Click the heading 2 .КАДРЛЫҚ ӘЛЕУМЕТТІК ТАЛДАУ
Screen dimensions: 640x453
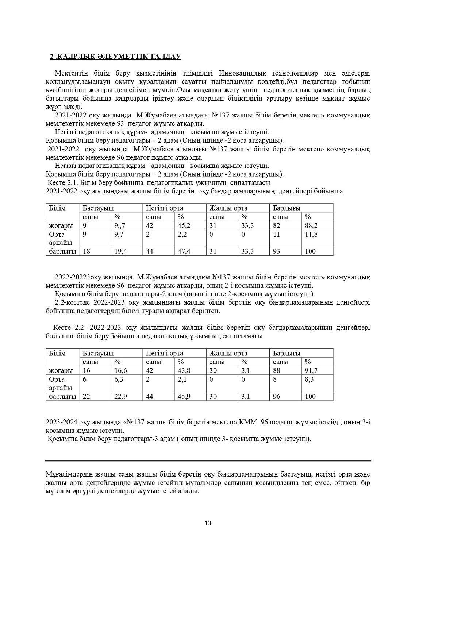coord(115,56)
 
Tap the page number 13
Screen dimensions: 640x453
coord(208,523)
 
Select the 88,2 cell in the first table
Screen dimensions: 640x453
coord(311,225)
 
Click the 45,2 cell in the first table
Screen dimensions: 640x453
coord(184,225)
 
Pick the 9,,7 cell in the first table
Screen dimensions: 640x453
coord(120,225)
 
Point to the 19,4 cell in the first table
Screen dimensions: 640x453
coord(120,251)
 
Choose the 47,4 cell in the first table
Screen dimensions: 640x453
coord(184,251)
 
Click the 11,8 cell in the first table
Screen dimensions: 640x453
coord(311,234)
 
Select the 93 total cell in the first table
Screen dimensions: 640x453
coord(277,251)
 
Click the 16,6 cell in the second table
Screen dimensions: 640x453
coord(120,370)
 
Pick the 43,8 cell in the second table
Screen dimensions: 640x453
coord(184,370)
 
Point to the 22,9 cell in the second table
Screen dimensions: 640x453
coord(120,396)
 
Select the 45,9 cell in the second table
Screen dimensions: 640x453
coord(184,396)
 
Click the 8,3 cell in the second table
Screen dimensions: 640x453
coord(309,379)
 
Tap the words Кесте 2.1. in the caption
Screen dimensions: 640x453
coord(62,182)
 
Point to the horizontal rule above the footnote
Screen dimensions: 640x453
coord(208,461)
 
